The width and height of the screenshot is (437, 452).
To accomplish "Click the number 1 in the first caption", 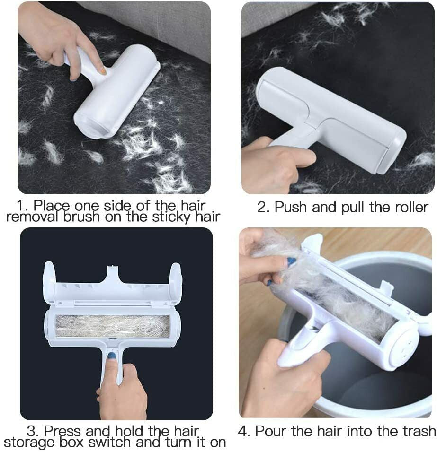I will (20, 206).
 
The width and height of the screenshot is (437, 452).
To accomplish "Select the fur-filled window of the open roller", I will (112, 326).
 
